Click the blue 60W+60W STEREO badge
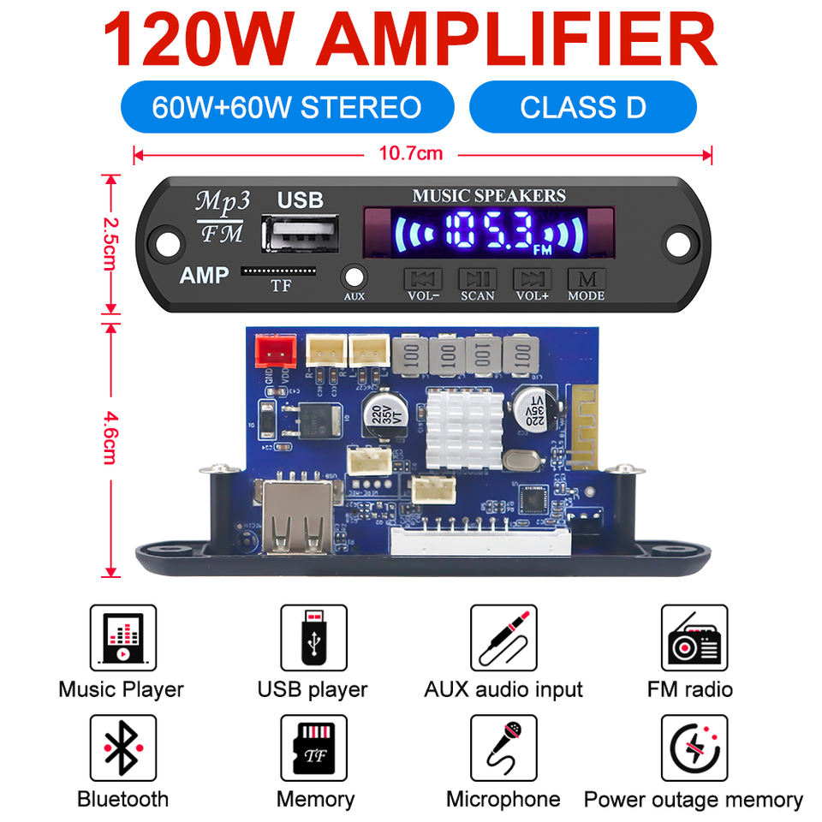coord(287,107)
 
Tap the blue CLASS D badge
coord(583,107)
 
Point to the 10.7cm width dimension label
coord(423,154)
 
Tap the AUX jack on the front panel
coord(354,277)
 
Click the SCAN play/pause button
coord(477,279)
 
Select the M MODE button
coord(586,279)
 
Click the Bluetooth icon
coord(122,748)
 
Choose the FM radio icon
coord(694,638)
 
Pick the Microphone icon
coord(503,748)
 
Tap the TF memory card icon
coord(313,748)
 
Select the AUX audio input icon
coord(503,638)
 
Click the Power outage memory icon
coord(694,748)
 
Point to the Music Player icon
coord(122,638)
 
